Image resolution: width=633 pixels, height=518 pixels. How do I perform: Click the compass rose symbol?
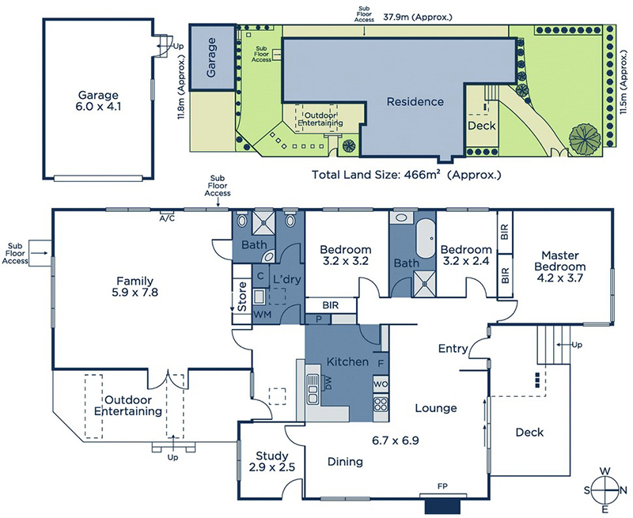[605, 490]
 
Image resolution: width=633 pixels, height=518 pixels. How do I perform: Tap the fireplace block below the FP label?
[442, 507]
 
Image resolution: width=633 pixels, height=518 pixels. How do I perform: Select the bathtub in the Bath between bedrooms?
[425, 240]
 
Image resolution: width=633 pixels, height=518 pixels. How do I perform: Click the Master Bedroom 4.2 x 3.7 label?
[559, 267]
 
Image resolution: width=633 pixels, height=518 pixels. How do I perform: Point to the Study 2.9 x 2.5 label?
[272, 462]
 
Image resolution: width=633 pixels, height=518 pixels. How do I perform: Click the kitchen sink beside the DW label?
[313, 389]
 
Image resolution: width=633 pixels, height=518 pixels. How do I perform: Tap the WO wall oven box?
[381, 384]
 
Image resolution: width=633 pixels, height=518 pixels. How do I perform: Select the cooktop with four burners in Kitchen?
[381, 404]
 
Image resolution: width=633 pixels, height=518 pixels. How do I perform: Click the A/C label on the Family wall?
[167, 218]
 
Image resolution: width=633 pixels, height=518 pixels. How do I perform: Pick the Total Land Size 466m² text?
[406, 175]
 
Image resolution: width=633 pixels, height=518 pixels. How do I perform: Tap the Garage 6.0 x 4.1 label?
[98, 101]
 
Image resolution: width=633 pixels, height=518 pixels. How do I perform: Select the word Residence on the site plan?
[415, 102]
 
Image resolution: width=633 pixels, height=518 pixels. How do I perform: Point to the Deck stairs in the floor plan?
[553, 345]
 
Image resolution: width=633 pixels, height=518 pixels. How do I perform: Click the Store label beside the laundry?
[242, 297]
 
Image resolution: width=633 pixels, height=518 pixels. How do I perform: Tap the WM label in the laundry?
[263, 314]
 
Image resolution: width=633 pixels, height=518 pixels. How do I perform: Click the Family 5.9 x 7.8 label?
[135, 286]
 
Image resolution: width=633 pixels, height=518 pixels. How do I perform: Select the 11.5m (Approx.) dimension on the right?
[624, 82]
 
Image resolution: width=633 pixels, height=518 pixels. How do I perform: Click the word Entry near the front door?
[453, 348]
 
